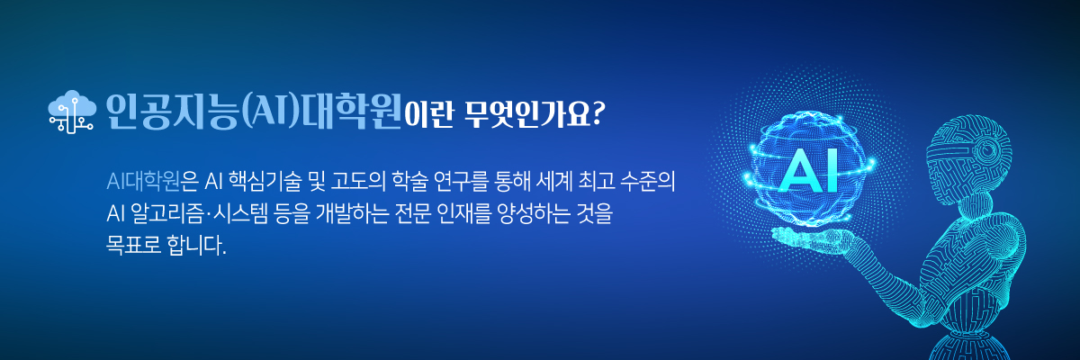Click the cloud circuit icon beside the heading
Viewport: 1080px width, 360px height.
pos(71,112)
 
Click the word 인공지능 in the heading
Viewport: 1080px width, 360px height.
pos(173,111)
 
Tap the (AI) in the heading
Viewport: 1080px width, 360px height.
pos(271,112)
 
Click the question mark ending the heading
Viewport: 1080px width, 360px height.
pos(598,113)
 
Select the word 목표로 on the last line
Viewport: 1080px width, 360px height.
pos(133,246)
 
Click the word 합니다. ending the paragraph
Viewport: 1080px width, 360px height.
pos(196,246)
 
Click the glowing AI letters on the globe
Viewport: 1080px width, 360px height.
pos(809,171)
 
